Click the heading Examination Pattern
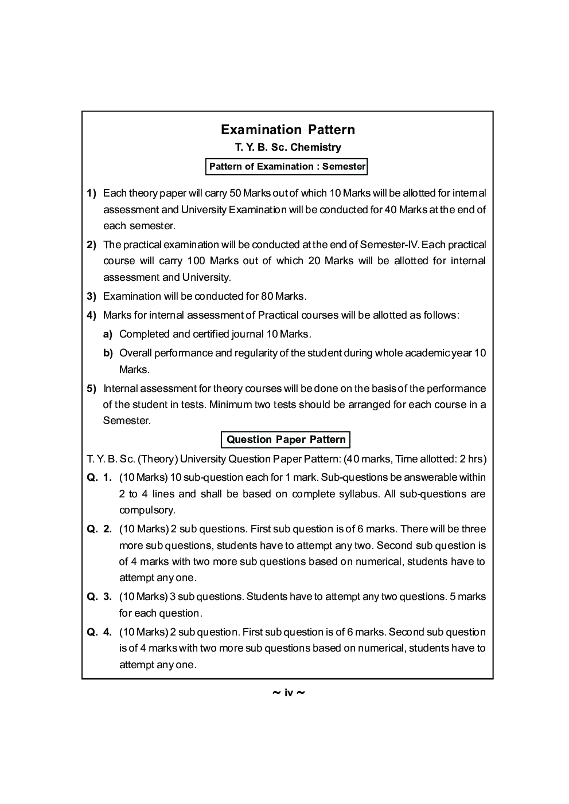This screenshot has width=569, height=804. [x=287, y=130]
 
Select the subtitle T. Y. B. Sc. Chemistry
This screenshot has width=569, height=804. [x=287, y=147]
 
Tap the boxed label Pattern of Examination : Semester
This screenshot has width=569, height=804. [x=287, y=167]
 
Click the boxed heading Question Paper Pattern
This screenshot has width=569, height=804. [x=286, y=440]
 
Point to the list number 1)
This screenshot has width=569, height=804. [x=92, y=193]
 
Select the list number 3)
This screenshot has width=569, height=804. [x=92, y=296]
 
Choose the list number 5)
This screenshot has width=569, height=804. [x=92, y=389]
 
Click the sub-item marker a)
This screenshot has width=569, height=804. [x=108, y=334]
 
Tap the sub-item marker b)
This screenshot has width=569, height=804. [x=108, y=353]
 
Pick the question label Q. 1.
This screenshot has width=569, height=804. [x=99, y=477]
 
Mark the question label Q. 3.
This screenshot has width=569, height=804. [x=99, y=597]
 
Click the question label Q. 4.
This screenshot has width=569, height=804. [x=99, y=632]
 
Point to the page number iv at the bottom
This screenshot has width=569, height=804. [x=288, y=693]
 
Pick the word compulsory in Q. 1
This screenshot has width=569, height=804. [x=147, y=510]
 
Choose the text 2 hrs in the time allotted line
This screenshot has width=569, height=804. [x=471, y=458]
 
